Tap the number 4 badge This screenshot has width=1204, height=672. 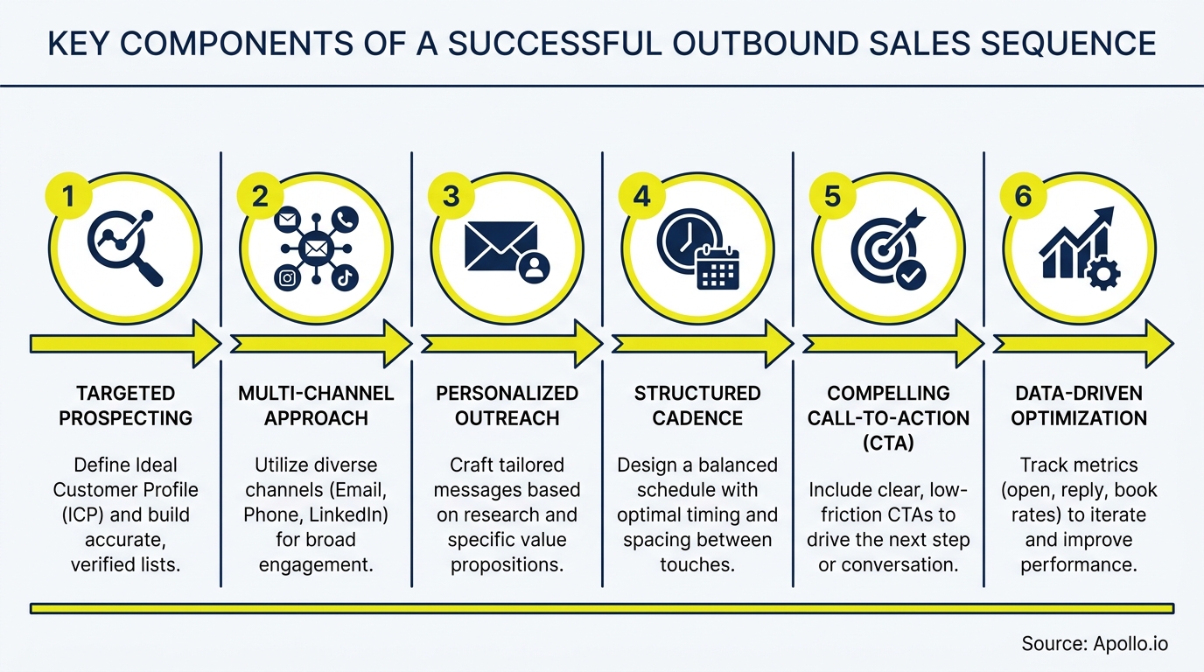click(x=642, y=197)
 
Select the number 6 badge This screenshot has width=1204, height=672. click(x=1023, y=197)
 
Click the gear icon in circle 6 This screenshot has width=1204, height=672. click(x=1102, y=275)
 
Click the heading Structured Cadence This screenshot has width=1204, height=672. click(x=697, y=405)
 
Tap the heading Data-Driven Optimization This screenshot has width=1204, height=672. click(x=1079, y=405)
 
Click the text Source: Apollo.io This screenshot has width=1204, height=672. click(x=1094, y=644)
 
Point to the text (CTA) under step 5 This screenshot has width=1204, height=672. click(x=888, y=443)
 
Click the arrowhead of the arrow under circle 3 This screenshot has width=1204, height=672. click(x=586, y=343)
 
